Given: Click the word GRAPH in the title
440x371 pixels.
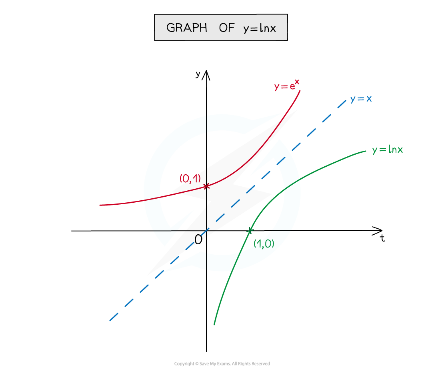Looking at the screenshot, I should point(187,28).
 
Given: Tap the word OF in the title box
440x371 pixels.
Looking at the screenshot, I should point(226,28).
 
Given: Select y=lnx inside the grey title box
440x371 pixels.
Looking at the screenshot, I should point(260,28).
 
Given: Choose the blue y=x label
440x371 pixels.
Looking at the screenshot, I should point(361,98).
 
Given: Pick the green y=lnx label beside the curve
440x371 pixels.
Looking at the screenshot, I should point(387,150).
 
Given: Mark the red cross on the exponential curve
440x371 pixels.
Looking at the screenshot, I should point(206,186).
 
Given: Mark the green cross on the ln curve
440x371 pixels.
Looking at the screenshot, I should point(250,230).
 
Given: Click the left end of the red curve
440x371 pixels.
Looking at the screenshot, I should point(100,205).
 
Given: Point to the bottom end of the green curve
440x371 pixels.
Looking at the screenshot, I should point(214,324).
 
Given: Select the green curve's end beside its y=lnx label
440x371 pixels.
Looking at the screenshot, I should point(365,151).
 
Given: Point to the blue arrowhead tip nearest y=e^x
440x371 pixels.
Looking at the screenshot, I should point(282,114).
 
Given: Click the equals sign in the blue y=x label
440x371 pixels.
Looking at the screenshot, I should point(361,98).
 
